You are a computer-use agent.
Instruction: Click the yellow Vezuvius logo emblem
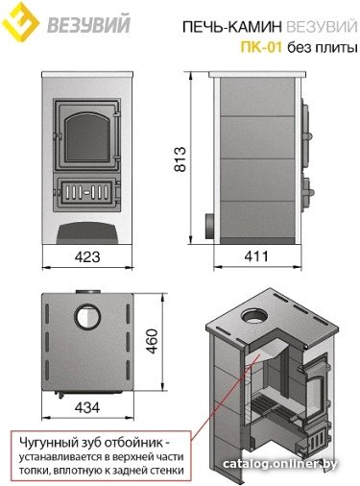(20, 21)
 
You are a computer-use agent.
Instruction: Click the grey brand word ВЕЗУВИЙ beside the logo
(89, 24)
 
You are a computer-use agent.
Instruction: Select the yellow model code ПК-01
(261, 47)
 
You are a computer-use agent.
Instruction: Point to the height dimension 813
(180, 159)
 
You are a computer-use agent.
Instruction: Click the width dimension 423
(87, 256)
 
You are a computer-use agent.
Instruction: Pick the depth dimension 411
(256, 256)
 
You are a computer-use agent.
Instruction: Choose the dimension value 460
(153, 341)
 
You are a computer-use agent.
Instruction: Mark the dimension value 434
(87, 407)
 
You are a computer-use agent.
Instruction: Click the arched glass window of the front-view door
(86, 137)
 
